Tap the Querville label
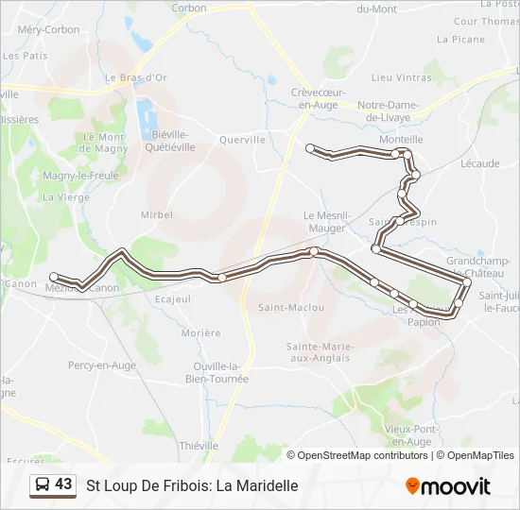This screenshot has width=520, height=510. coord(242,139)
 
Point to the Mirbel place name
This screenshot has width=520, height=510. coord(157,214)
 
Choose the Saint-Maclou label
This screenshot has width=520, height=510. coord(291,307)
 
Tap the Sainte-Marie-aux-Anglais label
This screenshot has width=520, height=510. coord(321,352)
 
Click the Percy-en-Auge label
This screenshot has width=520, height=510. coord(102,365)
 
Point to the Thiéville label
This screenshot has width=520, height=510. coord(199,446)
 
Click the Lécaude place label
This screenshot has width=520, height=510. coord(480,163)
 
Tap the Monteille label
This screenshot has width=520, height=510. coord(401,139)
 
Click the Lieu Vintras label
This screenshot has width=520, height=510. coord(402,77)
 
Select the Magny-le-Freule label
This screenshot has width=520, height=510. coord(80,176)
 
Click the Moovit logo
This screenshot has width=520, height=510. coord(448,486)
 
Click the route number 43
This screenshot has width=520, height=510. coord(63,484)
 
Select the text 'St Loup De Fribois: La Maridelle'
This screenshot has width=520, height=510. coord(192,486)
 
